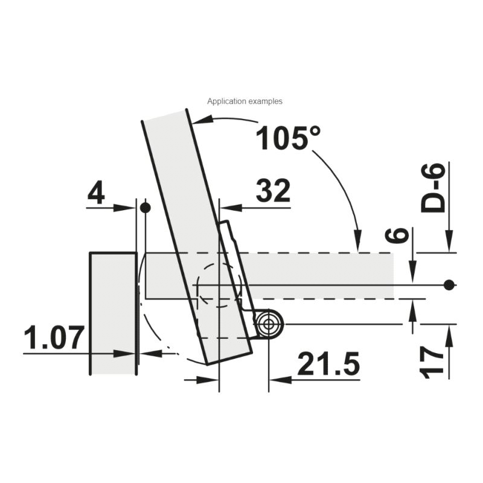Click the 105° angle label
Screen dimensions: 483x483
click(x=288, y=138)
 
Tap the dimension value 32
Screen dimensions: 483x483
click(x=273, y=190)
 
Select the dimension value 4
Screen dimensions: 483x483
click(x=96, y=193)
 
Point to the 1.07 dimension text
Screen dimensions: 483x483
click(x=54, y=337)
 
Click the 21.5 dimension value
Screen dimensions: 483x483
click(x=328, y=363)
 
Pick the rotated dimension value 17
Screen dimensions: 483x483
click(x=432, y=362)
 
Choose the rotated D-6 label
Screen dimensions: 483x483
click(x=433, y=188)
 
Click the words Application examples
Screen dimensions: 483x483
click(x=245, y=101)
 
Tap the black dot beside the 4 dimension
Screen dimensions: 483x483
click(x=145, y=208)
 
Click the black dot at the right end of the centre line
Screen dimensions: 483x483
click(x=449, y=285)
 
